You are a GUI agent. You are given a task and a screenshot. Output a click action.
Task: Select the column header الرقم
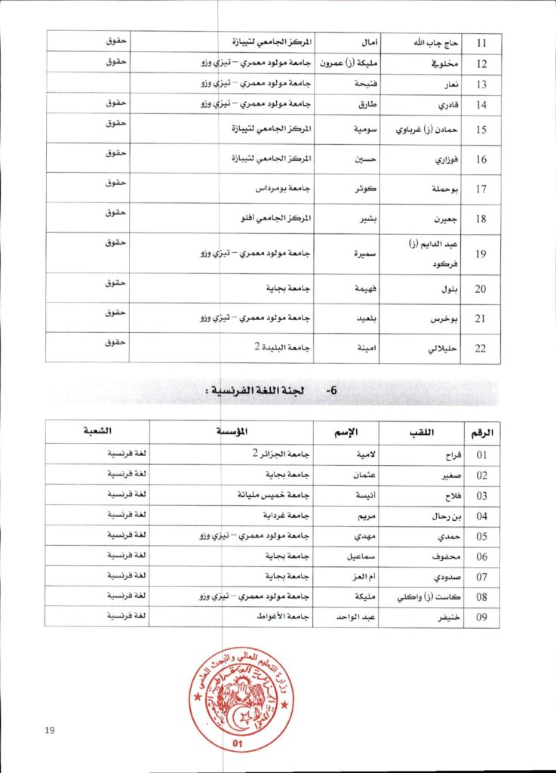pyautogui.click(x=481, y=433)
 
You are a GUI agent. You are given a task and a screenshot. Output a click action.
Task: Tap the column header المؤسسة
pyautogui.click(x=234, y=433)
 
